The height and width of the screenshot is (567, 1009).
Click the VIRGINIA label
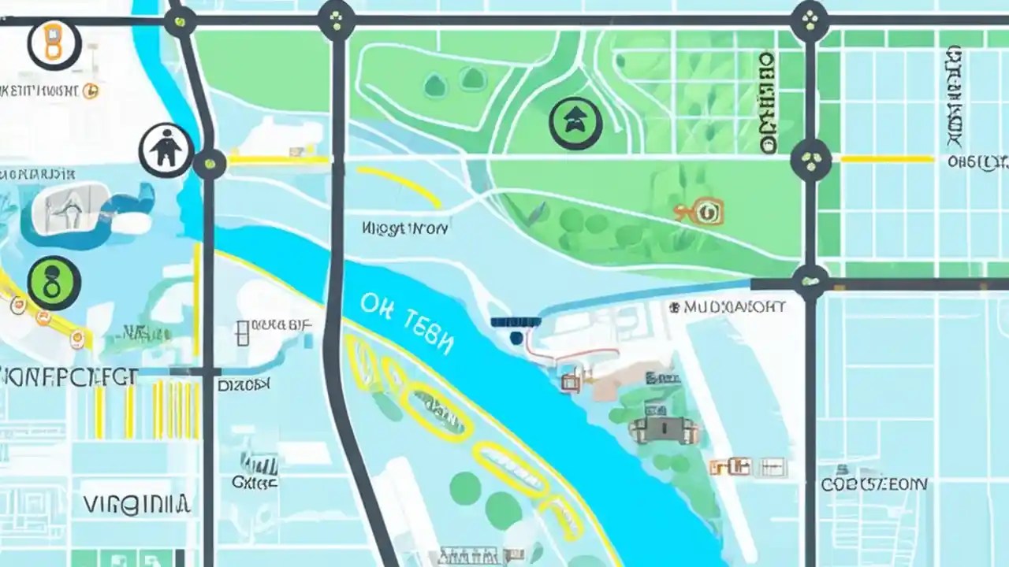pos(136,504)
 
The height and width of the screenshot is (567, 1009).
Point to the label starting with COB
pos(874,484)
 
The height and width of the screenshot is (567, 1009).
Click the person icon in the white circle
pos(166,150)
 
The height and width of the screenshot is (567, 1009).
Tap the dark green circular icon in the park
pos(576,124)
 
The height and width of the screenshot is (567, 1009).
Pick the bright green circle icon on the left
pos(54,283)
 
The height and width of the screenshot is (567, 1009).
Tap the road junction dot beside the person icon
pos(210,164)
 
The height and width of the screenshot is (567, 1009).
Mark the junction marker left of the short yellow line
pos(810,160)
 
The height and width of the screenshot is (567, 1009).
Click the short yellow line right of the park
pos(887,159)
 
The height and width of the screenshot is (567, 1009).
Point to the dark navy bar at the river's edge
pos(516,322)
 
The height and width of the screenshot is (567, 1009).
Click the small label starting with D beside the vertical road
pos(244,384)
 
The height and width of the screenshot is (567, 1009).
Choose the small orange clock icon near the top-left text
pos(91,91)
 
